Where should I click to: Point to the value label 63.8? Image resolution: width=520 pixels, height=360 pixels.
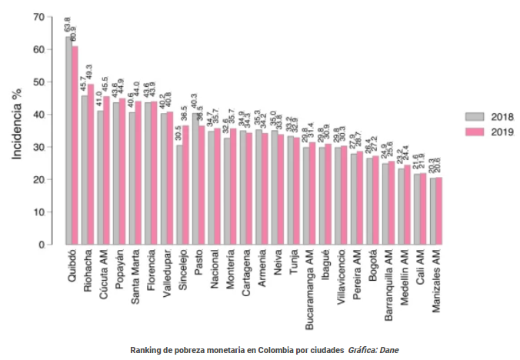click(x=68, y=25)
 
